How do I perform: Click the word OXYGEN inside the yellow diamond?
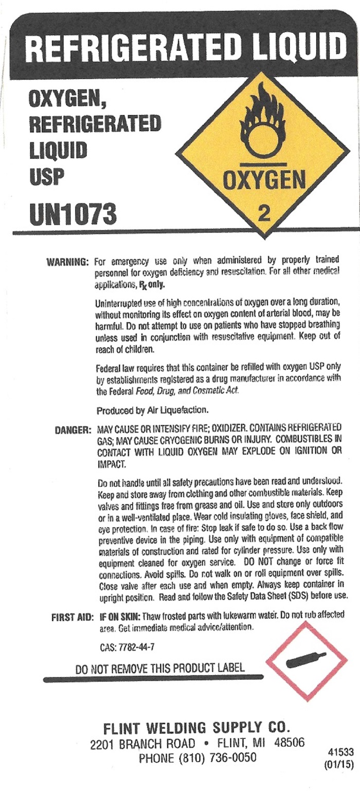click(x=264, y=180)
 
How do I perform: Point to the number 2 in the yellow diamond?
click(x=264, y=213)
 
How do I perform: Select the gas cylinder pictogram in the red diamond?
click(x=306, y=659)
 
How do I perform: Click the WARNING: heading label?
click(x=68, y=261)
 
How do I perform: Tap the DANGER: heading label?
click(x=72, y=429)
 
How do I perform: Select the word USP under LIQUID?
click(x=46, y=176)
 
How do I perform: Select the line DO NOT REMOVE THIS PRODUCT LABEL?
click(x=160, y=669)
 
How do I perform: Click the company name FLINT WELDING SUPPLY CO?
click(x=197, y=728)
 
